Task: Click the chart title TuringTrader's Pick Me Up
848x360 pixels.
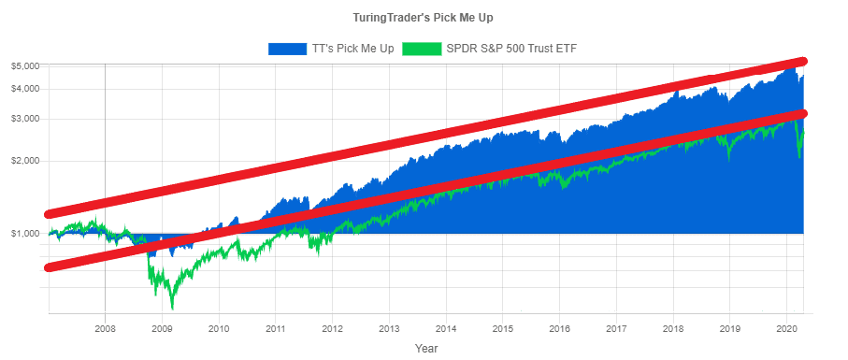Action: (424, 18)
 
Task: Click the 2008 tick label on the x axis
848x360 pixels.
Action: (105, 329)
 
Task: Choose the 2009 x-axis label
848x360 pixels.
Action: (162, 329)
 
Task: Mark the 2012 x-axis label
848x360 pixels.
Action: (332, 329)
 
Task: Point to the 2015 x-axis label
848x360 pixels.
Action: (503, 329)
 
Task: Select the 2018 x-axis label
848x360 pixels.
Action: (673, 329)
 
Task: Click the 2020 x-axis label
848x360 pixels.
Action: (786, 329)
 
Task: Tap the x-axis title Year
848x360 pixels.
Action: (426, 348)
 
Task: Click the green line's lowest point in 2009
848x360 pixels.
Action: (172, 307)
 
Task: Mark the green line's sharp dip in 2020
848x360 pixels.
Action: (798, 157)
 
